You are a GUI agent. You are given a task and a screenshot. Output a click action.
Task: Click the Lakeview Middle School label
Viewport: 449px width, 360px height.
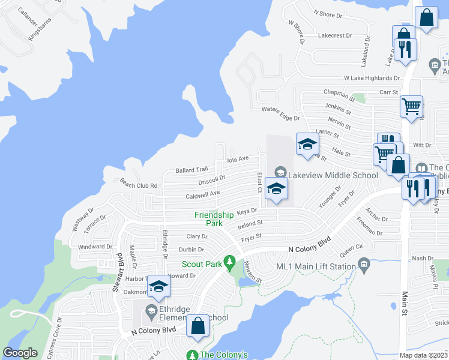point(333,175)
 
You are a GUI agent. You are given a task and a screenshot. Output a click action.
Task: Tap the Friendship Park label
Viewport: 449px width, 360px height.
point(214,219)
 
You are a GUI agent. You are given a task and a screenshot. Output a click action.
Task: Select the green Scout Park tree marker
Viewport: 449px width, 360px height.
point(229,262)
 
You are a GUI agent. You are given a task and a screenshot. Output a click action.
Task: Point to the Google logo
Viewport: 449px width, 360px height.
point(20,353)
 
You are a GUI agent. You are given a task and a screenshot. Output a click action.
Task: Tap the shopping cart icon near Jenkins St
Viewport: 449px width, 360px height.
point(411,107)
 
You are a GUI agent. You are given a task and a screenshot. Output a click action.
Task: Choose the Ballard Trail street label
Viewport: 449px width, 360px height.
point(191,170)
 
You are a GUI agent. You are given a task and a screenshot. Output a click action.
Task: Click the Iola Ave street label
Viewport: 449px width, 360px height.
point(238,159)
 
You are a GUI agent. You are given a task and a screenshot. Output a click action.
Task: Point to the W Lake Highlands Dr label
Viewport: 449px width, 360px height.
point(372,78)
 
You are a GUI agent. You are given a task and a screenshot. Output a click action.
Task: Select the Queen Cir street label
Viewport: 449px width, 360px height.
point(351,247)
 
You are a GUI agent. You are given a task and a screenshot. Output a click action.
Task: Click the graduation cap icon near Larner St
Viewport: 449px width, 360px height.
point(307,145)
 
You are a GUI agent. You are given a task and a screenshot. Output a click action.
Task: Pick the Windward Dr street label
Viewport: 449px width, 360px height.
point(95,247)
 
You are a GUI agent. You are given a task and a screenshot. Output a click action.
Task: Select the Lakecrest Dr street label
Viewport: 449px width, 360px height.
point(335,36)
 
